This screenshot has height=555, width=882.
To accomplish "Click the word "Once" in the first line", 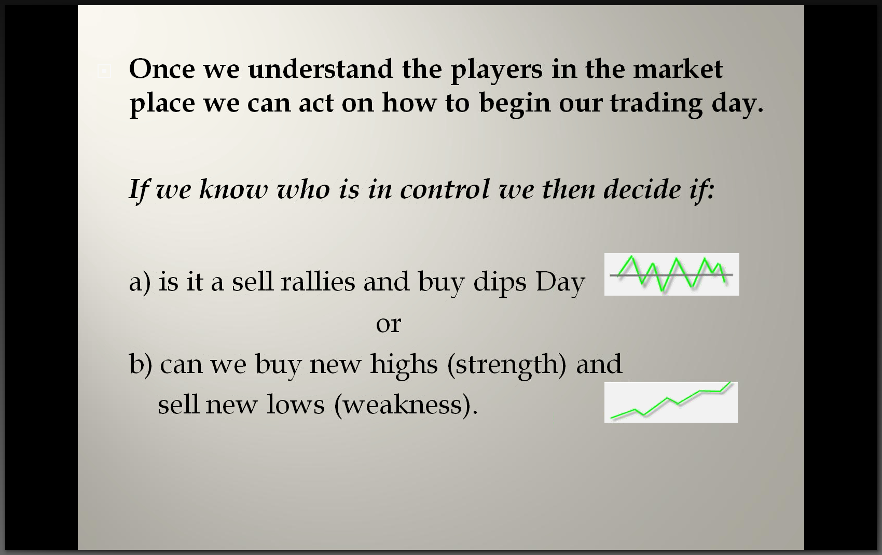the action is pos(162,69).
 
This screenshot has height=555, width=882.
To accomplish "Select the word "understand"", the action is pos(320,69).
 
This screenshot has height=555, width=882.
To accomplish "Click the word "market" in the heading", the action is pos(678,69).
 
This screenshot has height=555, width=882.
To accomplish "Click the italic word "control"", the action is pos(445,189).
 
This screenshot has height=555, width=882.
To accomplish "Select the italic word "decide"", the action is pos(642,189).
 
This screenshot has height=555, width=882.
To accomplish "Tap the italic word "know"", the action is pos(233,189).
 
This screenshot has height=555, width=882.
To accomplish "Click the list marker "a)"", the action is pos(140,283).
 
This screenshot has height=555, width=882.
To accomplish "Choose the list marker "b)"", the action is pos(141,365).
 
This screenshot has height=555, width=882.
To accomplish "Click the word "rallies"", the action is pos(318,282).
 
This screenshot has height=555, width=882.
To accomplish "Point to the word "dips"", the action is pos(500,283).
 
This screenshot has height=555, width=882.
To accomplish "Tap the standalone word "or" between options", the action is pos(389,324).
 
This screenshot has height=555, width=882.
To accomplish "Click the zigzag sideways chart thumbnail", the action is pos(672,274).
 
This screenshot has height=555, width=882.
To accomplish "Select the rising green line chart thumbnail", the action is pos(671,402).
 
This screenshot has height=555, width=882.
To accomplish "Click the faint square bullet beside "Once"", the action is pos(104,71).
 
